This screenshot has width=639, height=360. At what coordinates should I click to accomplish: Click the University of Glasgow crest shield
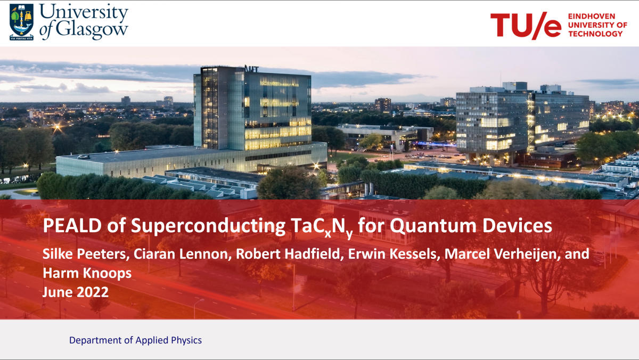pos(21,22)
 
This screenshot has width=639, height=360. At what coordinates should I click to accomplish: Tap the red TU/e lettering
pos(526,26)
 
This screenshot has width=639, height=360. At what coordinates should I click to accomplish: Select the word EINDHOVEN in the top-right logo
pos(592,17)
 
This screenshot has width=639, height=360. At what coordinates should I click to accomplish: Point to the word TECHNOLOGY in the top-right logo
pos(595,34)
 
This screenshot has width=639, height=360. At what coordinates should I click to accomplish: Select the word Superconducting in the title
pos(208,226)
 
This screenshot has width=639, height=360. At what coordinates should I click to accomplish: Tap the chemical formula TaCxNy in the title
pos(322,227)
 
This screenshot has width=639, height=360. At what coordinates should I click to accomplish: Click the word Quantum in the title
pos(433,226)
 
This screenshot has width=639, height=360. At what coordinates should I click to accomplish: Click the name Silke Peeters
pos(84,254)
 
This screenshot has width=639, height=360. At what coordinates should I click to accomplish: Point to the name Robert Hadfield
pos(288,254)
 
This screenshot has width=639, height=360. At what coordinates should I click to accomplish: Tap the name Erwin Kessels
pos(392,254)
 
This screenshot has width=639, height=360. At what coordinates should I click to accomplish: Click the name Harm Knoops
pos(87,273)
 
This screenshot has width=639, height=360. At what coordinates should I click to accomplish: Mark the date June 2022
pos(76,292)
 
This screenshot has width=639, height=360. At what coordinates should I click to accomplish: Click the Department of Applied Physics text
pos(135,340)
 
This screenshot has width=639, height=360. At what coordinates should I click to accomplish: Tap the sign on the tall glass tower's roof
pos(251,69)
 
